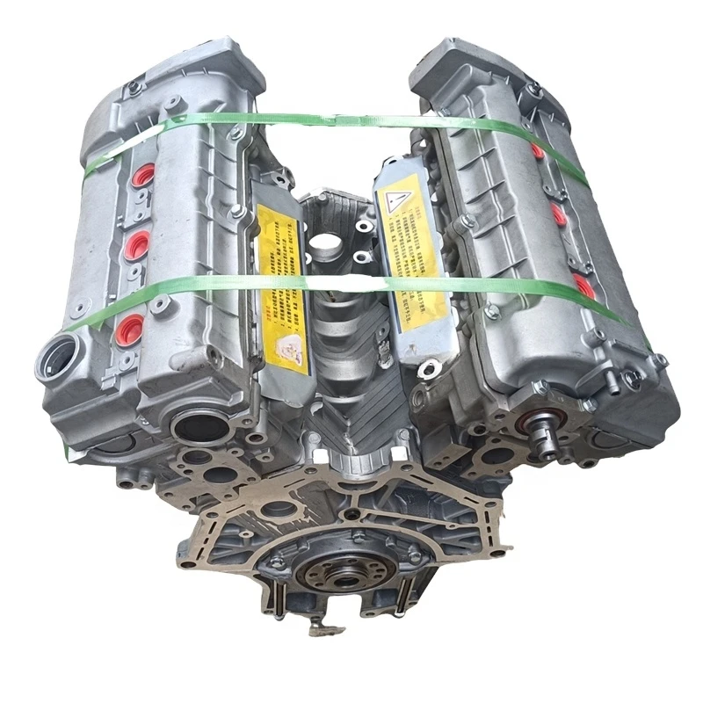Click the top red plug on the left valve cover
click(x=144, y=174)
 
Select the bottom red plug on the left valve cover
click(x=128, y=329)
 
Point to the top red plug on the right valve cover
click(x=538, y=150)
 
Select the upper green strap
click(x=351, y=120)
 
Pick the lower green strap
click(x=351, y=284)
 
